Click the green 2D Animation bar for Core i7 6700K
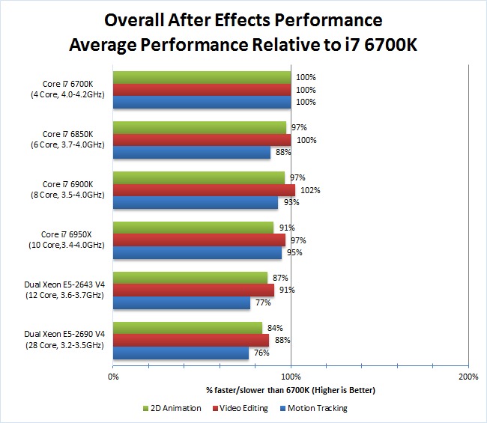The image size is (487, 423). click(x=202, y=77)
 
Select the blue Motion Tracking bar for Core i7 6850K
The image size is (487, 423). click(x=192, y=153)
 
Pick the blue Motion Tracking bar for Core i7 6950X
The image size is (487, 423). click(x=198, y=253)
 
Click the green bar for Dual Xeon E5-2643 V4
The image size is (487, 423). click(x=190, y=278)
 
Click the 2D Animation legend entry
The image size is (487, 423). click(x=172, y=408)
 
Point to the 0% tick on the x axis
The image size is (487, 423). click(x=113, y=377)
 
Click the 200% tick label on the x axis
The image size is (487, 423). click(x=468, y=377)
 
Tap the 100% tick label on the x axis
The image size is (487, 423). click(x=291, y=377)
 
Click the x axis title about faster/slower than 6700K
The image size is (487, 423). click(x=291, y=390)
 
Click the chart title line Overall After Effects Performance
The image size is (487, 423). click(x=243, y=19)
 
